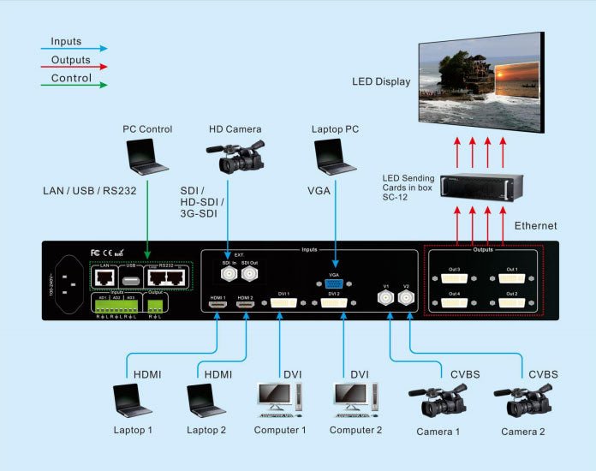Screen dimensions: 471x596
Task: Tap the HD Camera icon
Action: pos(235,157)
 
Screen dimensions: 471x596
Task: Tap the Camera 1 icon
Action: pos(438,400)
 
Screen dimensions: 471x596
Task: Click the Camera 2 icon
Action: pos(521,400)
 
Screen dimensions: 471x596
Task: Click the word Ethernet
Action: pos(535,226)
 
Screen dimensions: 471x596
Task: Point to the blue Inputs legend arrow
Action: pos(73,49)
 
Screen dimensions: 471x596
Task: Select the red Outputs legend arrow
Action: pos(73,67)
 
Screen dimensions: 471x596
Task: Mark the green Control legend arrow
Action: pos(73,85)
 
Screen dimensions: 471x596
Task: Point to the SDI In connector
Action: pos(228,274)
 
